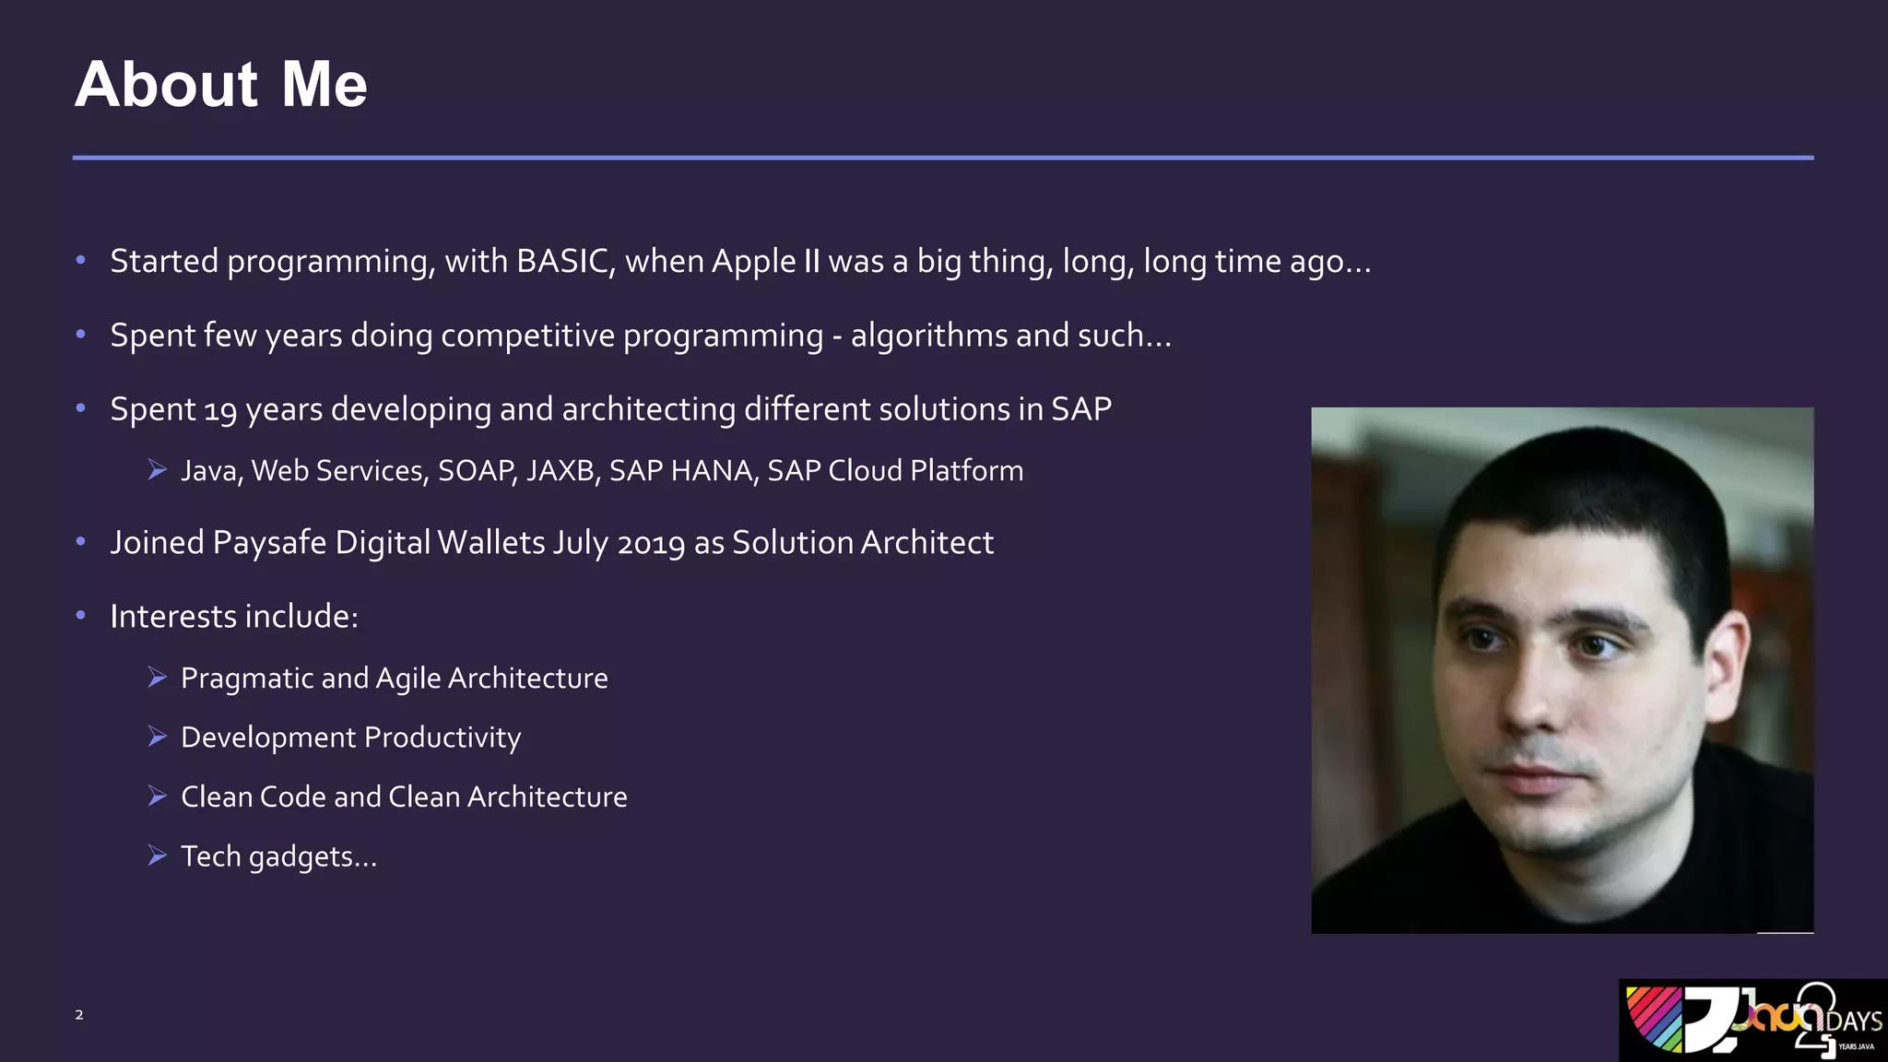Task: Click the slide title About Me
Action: (221, 85)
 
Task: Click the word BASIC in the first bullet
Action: (563, 262)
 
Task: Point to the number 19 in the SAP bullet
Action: (220, 410)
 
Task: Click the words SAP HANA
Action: (680, 471)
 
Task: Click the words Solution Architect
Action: (863, 543)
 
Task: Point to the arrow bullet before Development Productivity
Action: (158, 737)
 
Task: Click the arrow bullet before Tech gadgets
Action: (158, 855)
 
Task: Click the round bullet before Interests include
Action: (81, 615)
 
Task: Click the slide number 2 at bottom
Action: (79, 1015)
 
